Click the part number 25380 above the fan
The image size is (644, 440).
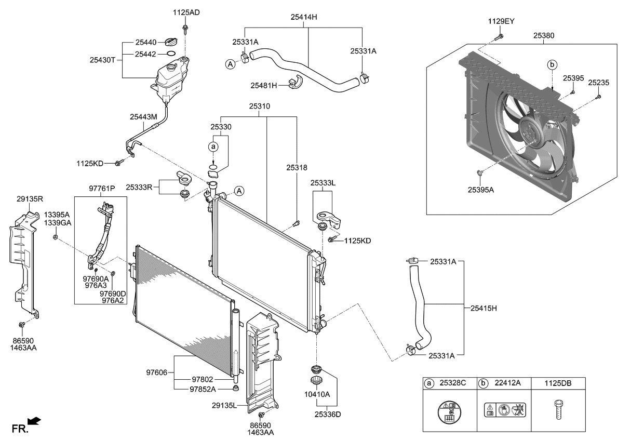click(x=544, y=36)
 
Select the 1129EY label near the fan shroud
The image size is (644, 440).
click(x=501, y=21)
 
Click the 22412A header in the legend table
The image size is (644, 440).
click(x=507, y=383)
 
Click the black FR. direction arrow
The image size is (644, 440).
click(x=34, y=420)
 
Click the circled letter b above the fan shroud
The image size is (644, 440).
click(x=553, y=65)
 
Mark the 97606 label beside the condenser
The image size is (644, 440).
click(x=157, y=372)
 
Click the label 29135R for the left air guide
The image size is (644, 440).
click(x=30, y=198)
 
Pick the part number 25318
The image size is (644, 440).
click(x=297, y=168)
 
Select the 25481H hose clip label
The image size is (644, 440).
click(x=264, y=85)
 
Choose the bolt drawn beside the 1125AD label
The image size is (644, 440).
click(x=185, y=26)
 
